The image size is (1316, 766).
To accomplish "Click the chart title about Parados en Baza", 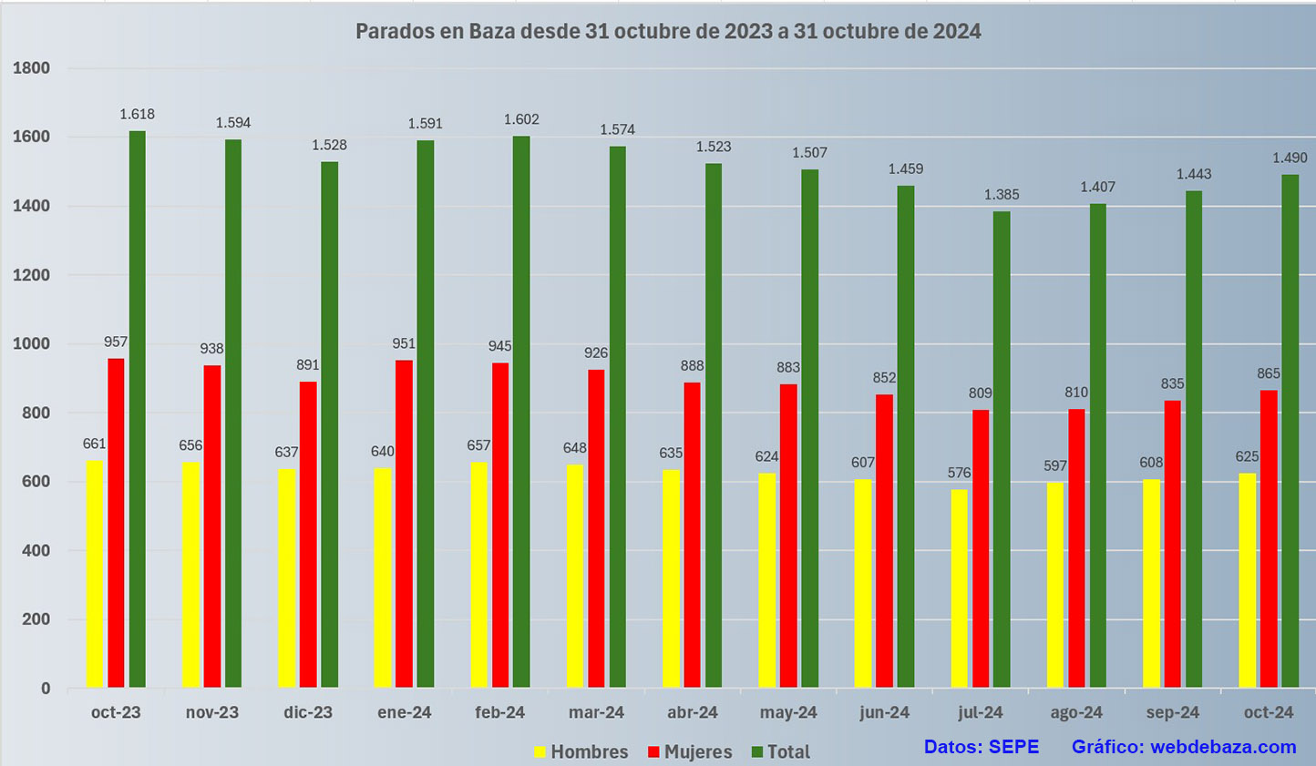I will (668, 32).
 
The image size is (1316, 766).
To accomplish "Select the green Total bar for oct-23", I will (138, 410).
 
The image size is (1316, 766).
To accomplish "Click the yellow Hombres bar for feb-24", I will (478, 575).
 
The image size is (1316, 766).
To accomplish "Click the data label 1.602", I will (522, 119).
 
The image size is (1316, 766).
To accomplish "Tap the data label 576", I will (959, 473).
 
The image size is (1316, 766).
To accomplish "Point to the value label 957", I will (116, 342).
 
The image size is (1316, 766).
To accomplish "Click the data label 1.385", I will (1002, 194).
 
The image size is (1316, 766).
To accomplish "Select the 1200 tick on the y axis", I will (32, 275).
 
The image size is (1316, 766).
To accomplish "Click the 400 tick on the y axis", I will (32, 551).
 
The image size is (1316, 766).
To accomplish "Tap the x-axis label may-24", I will (788, 712).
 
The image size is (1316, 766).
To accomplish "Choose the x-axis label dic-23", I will (308, 712).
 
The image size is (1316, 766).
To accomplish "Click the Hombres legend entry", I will (581, 751).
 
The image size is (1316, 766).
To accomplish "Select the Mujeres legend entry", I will (690, 751).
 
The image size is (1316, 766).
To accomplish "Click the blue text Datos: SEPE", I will (981, 747).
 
